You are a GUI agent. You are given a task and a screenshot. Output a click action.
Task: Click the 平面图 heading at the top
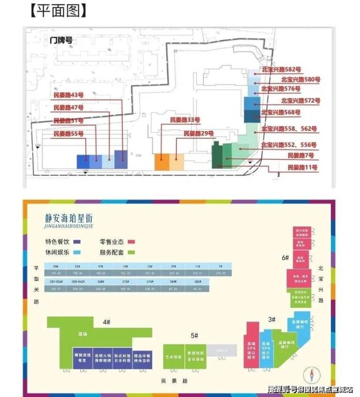point(51,11)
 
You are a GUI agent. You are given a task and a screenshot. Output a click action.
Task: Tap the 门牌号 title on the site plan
point(61,40)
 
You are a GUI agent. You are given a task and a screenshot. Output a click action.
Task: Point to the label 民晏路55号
point(69,133)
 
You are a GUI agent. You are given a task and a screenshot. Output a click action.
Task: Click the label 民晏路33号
point(185,120)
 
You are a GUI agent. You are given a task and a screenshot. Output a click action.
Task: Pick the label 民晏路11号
point(302,167)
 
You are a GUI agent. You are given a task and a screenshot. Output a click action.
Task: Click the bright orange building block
point(162,162)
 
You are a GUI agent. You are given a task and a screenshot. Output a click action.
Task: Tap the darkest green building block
point(217,156)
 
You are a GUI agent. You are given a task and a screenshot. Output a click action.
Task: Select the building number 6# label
point(286,257)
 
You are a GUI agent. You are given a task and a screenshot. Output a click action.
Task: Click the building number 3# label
point(272,320)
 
